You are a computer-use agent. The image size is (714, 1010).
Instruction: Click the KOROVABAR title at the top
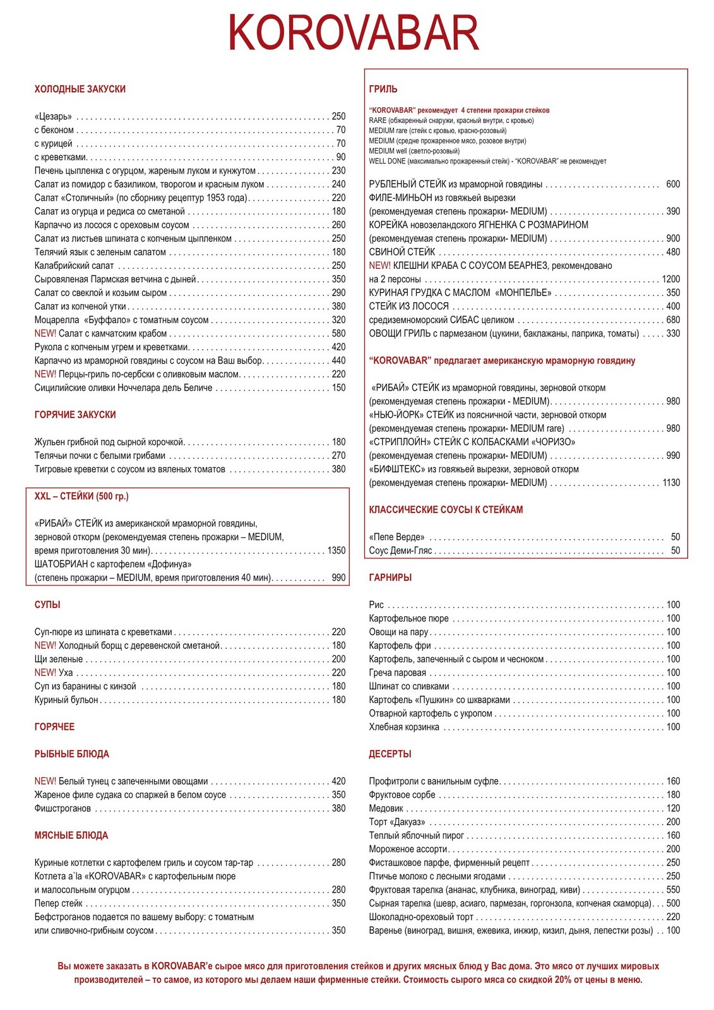(x=354, y=33)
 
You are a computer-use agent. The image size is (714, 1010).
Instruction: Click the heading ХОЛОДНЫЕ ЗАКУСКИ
(x=80, y=89)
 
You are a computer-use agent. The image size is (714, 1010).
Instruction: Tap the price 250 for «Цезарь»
(x=338, y=116)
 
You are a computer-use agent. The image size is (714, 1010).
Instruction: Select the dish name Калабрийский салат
(x=74, y=266)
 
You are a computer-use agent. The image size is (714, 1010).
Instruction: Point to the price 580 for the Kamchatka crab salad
(x=338, y=333)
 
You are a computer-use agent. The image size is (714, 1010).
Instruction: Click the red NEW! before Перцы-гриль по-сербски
(x=45, y=374)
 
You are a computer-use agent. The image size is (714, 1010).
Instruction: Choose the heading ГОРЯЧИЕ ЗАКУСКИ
(x=75, y=415)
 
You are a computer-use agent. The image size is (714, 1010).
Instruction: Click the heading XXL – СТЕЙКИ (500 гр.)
(x=81, y=496)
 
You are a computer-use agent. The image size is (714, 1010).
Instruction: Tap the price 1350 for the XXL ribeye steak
(x=336, y=550)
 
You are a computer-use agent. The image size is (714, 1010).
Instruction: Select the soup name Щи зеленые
(x=59, y=659)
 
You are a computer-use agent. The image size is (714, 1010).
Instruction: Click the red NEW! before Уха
(x=45, y=673)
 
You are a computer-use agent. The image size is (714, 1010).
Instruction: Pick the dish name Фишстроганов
(x=62, y=809)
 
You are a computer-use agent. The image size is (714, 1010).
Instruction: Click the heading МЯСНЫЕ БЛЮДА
(x=71, y=836)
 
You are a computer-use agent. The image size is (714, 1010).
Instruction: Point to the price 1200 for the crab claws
(x=670, y=279)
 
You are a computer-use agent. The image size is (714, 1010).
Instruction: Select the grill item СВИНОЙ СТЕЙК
(x=402, y=252)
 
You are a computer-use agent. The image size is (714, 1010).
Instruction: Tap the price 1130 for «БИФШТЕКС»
(x=670, y=483)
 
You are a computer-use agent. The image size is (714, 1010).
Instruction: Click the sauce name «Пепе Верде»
(x=397, y=537)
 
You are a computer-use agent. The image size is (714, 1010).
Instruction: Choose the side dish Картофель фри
(x=400, y=646)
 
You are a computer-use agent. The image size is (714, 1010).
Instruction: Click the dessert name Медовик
(x=386, y=809)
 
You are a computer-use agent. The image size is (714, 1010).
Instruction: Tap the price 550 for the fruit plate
(x=673, y=890)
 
